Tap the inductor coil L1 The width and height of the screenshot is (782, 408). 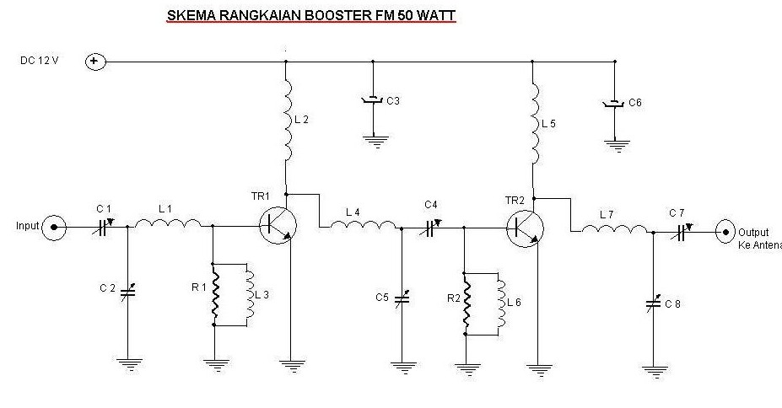click(169, 224)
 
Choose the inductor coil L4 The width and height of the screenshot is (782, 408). click(363, 225)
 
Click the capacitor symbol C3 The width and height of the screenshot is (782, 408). click(371, 101)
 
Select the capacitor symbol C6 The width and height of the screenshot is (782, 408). click(615, 104)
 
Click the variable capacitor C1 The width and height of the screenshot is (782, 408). click(103, 226)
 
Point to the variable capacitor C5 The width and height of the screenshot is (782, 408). click(402, 298)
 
